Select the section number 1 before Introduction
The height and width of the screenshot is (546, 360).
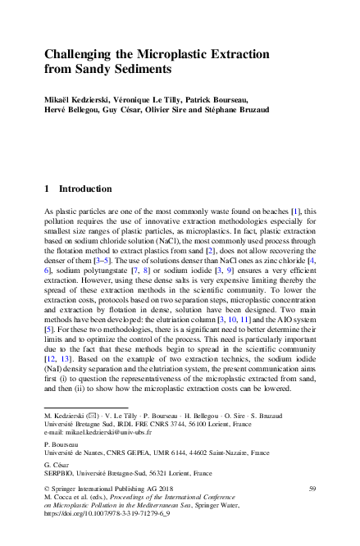(47, 188)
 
